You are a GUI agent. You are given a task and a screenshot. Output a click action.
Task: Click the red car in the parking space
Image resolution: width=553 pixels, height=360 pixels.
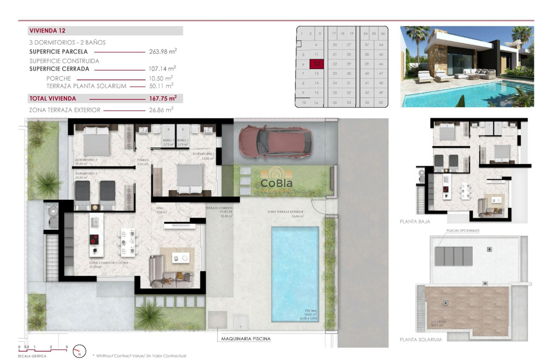pyautogui.click(x=267, y=141)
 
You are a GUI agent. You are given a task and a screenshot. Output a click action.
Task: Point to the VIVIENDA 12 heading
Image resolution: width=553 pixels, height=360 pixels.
pyautogui.click(x=48, y=31)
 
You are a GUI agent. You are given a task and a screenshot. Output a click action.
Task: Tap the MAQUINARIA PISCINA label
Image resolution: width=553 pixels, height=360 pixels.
pyautogui.click(x=246, y=339)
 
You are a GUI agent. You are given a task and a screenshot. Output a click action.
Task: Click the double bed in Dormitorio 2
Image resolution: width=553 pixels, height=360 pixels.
pyautogui.click(x=96, y=141)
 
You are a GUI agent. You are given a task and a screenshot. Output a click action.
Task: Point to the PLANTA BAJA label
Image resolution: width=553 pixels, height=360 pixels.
pyautogui.click(x=415, y=222)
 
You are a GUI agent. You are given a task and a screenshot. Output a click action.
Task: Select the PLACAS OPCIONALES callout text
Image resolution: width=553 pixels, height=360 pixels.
pyautogui.click(x=463, y=231)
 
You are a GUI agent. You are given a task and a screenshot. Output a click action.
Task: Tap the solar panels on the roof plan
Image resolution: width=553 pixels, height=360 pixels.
pyautogui.click(x=454, y=256)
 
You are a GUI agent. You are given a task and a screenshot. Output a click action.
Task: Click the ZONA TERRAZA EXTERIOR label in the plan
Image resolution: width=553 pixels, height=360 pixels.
pyautogui.click(x=285, y=212)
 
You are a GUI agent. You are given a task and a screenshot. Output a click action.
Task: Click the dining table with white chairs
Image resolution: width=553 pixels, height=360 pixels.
pyautogui.click(x=128, y=243)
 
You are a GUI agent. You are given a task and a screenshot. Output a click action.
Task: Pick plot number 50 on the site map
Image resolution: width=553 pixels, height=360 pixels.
pyautogui.click(x=381, y=102)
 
